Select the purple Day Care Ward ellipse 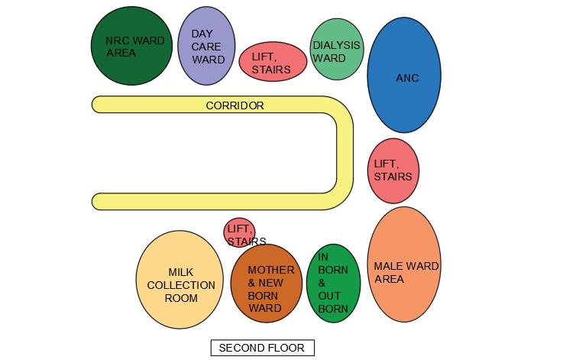pyautogui.click(x=205, y=46)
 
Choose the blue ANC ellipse pyautogui.click(x=404, y=75)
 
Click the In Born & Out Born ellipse pyautogui.click(x=333, y=283)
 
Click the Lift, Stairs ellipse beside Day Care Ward pyautogui.click(x=273, y=62)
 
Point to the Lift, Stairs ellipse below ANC pyautogui.click(x=393, y=170)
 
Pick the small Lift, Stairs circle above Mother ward pyautogui.click(x=239, y=232)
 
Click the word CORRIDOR pyautogui.click(x=234, y=105)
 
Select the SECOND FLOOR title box pyautogui.click(x=262, y=348)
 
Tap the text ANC pyautogui.click(x=407, y=78)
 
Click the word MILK pyautogui.click(x=181, y=272)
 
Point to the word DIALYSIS pyautogui.click(x=336, y=45)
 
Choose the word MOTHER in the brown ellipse pyautogui.click(x=270, y=270)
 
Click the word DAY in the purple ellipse pyautogui.click(x=202, y=34)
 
